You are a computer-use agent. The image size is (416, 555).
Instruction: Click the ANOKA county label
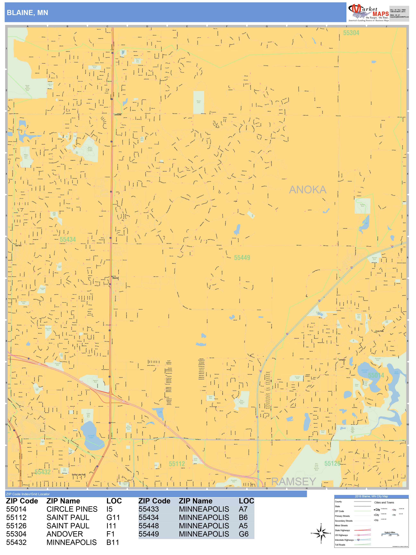click(308, 190)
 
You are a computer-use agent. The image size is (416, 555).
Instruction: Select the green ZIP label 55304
click(351, 33)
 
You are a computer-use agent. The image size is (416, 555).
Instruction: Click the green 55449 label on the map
click(242, 258)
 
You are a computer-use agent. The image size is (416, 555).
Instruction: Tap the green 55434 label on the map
click(68, 240)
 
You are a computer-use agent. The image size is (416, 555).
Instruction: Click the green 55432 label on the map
click(43, 472)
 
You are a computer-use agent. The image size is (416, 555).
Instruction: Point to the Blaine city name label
click(115, 278)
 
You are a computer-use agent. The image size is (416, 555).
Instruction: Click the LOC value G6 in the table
click(243, 534)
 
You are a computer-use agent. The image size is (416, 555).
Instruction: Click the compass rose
click(321, 533)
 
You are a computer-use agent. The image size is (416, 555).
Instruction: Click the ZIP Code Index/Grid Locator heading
click(28, 494)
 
